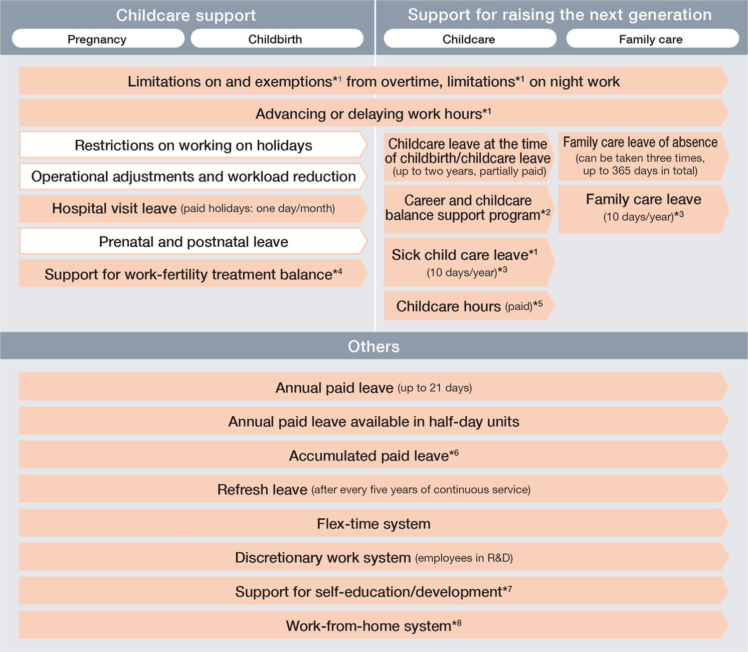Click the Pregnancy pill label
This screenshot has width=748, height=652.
tap(97, 39)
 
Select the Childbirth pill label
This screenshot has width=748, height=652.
tap(275, 39)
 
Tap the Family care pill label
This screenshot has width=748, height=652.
tap(651, 39)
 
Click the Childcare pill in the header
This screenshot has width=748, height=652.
tap(469, 39)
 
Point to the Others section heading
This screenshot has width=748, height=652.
tap(374, 346)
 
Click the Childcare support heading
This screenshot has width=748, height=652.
tap(186, 15)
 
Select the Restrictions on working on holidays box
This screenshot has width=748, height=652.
tap(193, 145)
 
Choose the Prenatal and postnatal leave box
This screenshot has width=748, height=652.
tap(193, 242)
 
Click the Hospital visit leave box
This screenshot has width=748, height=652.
tap(193, 208)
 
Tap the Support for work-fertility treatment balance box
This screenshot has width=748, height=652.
tap(193, 274)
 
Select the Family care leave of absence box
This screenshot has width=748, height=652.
tap(640, 157)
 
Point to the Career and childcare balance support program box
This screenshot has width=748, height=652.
tap(468, 208)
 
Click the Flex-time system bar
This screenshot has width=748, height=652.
tap(374, 523)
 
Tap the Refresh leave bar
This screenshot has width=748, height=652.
tap(374, 489)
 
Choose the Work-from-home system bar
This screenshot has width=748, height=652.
tap(374, 626)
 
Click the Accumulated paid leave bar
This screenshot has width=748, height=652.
tap(374, 456)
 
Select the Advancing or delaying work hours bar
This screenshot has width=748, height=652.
tap(374, 113)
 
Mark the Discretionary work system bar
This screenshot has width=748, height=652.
tap(374, 557)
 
